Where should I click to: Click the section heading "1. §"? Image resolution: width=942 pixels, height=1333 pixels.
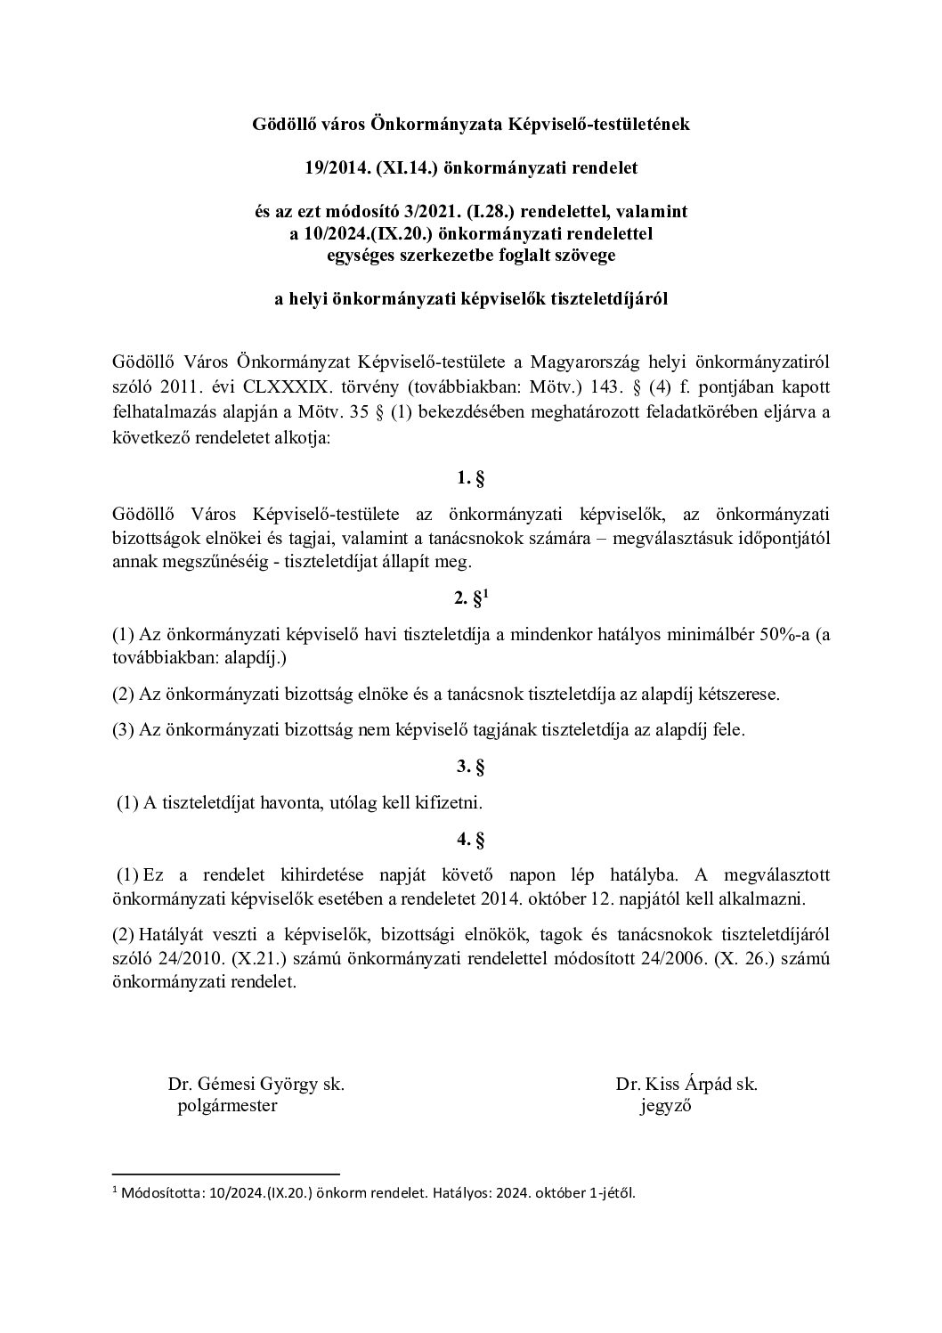coord(470,478)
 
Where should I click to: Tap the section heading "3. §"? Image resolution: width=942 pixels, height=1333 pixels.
coord(470,766)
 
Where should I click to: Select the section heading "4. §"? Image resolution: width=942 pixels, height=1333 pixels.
coord(470,838)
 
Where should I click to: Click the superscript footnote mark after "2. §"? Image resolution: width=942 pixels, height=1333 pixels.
coord(485,593)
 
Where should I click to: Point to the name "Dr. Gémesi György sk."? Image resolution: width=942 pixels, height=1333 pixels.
coord(256,1085)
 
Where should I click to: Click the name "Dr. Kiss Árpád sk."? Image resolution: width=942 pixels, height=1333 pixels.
coord(686,1085)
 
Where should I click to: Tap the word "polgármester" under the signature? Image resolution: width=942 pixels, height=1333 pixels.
coord(228,1106)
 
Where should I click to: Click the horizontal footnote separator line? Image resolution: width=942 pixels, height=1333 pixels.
coord(226,1175)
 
